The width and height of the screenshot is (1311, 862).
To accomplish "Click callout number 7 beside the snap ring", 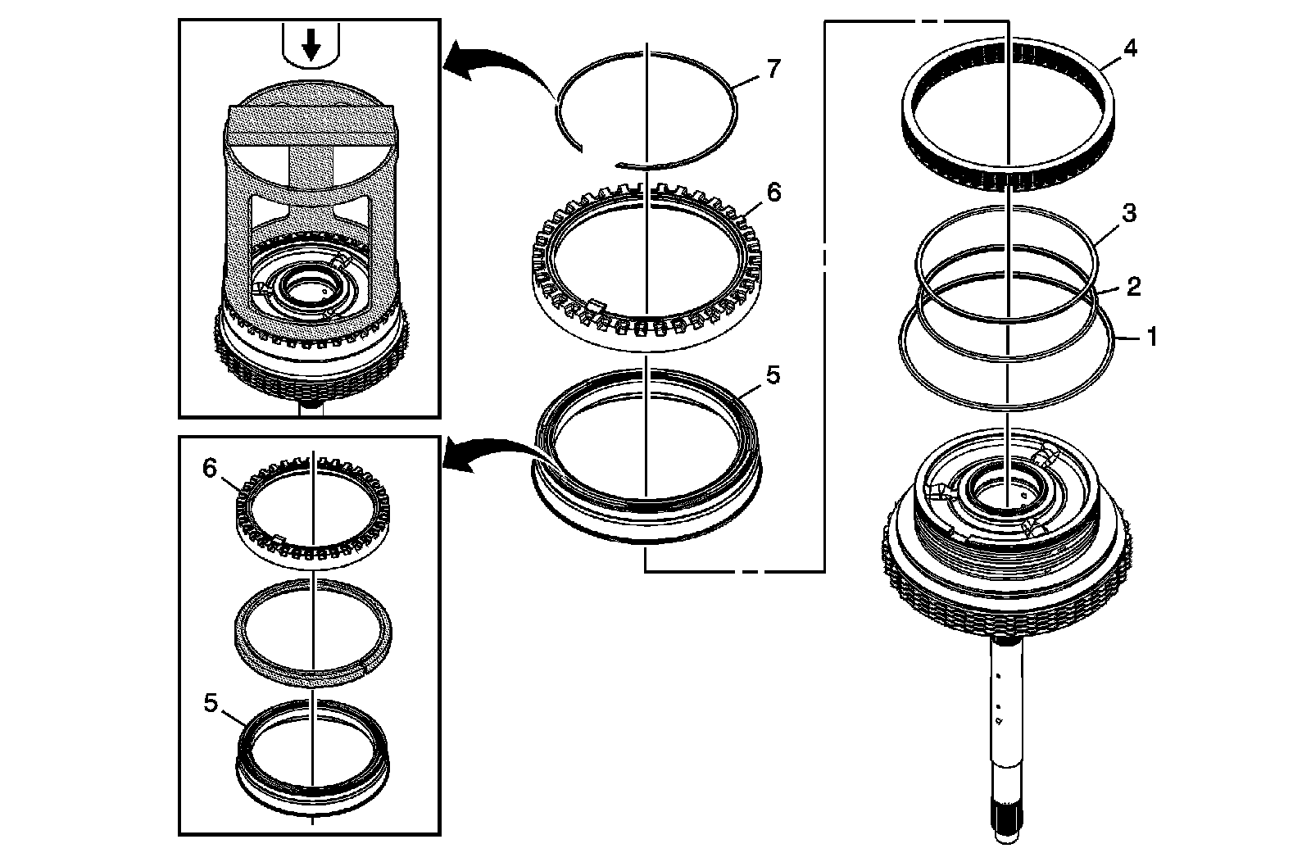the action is pyautogui.click(x=773, y=69).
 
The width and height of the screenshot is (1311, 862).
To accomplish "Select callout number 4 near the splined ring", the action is pyautogui.click(x=1130, y=48).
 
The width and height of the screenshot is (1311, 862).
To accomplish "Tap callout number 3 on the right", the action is pyautogui.click(x=1128, y=215).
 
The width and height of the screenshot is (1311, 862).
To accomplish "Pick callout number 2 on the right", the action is pyautogui.click(x=1133, y=286).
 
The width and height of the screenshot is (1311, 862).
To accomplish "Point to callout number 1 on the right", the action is pyautogui.click(x=1151, y=336).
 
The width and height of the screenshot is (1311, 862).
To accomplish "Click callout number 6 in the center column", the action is pyautogui.click(x=773, y=193).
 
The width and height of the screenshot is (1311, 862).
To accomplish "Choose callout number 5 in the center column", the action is pyautogui.click(x=773, y=376).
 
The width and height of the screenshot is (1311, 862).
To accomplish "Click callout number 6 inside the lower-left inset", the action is pyautogui.click(x=211, y=469).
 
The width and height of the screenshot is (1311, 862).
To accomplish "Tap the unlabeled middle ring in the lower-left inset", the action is pyautogui.click(x=312, y=628).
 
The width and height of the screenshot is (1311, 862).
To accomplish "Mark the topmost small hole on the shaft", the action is pyautogui.click(x=999, y=677).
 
